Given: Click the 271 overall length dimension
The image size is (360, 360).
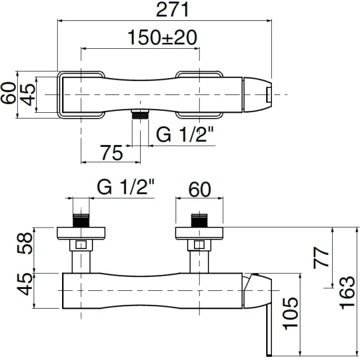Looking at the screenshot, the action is (172, 10).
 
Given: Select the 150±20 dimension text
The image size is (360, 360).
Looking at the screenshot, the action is (162, 37).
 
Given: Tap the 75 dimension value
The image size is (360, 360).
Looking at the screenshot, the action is (112, 153).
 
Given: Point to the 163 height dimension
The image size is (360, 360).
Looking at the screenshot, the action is (347, 293).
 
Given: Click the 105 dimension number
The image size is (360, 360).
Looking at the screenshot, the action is (290, 314).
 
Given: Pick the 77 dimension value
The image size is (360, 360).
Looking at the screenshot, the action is (321, 257).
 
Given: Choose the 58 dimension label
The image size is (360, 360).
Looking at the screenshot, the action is (25, 243).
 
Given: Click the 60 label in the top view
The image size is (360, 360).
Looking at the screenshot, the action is (8, 93).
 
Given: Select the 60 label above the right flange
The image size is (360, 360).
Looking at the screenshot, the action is (200, 190).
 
